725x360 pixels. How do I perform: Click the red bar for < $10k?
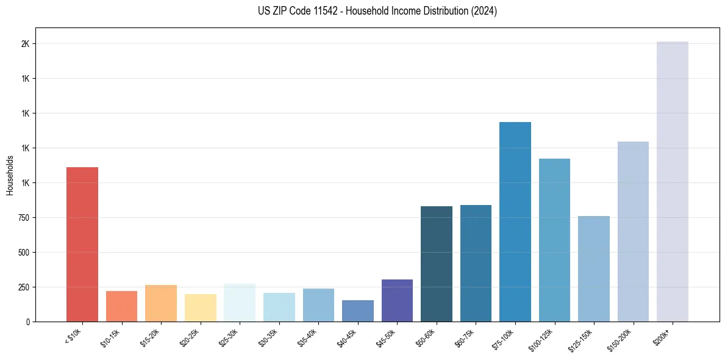click(x=82, y=244)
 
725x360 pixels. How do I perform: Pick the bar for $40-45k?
click(x=357, y=311)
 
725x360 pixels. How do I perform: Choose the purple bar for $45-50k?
click(x=397, y=300)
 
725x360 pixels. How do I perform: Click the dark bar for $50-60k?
click(x=436, y=264)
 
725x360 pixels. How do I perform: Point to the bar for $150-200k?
click(x=633, y=231)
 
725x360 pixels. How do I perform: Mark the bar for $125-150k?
click(x=593, y=268)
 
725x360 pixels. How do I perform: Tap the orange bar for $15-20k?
click(x=161, y=303)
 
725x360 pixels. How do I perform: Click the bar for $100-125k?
click(x=554, y=240)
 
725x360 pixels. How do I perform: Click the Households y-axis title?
click(x=10, y=175)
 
